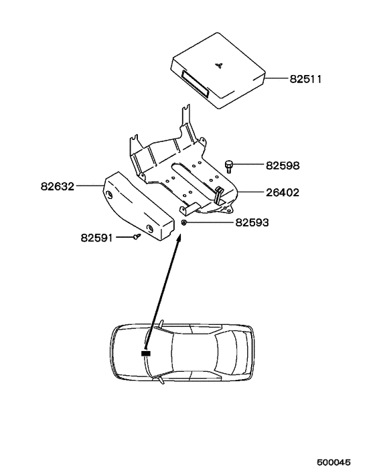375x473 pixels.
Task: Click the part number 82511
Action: coord(306,79)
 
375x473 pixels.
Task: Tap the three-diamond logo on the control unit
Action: coord(219,64)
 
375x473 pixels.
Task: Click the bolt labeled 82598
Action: coord(229,164)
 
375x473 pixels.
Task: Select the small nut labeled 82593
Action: coord(184,222)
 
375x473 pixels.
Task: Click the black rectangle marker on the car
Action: coord(145,352)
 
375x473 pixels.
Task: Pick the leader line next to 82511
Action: coord(277,79)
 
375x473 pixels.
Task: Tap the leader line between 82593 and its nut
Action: coord(210,222)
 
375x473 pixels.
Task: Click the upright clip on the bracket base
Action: coord(218,195)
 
